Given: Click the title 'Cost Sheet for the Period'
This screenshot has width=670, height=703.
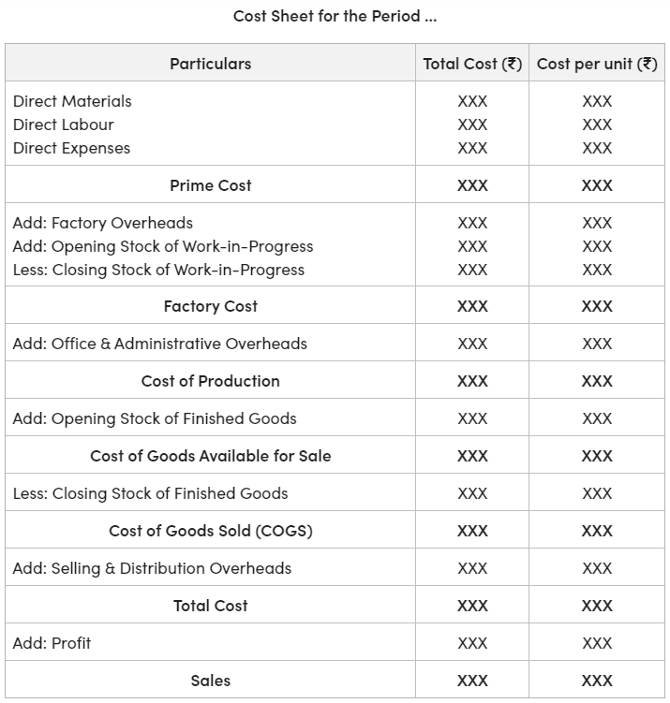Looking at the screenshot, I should pos(335,16).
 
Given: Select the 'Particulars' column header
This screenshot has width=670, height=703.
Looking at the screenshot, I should pos(210,64).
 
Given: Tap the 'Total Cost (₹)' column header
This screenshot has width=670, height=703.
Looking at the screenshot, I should pos(472,64).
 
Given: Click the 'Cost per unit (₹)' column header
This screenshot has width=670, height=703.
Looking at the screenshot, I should pos(597,64).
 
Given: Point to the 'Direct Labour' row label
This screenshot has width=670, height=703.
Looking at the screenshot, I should pos(64,124).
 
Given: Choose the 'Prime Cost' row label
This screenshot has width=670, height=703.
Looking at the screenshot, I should pos(210,185).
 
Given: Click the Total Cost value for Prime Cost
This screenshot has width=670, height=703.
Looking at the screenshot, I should pos(472,185).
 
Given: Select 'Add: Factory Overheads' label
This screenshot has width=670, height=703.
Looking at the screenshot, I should pos(103,223).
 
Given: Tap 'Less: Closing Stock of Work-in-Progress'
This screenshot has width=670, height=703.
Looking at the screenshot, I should pos(158,270).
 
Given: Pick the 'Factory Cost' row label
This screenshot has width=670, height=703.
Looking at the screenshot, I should pos(210,306).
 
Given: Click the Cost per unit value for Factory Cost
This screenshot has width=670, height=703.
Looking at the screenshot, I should pos(597,306).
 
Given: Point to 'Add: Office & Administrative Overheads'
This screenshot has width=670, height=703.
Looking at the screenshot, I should pos(160,344).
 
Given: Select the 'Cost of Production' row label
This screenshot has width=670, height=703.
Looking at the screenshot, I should pos(210,381).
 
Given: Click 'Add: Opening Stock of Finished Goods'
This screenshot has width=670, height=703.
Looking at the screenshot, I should pos(155,418).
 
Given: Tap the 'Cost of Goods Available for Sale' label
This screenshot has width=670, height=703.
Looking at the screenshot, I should pos(210,456).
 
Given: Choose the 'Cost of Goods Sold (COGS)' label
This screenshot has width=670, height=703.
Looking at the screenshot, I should pos(210,531).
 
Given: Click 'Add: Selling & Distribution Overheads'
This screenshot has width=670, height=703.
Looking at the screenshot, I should pos(152,568).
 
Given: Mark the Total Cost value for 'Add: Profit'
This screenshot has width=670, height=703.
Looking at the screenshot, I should pos(472,643).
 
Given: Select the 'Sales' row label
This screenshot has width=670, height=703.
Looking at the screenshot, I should pos(210,681).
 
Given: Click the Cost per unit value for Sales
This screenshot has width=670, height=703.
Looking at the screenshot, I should pos(597,681).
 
